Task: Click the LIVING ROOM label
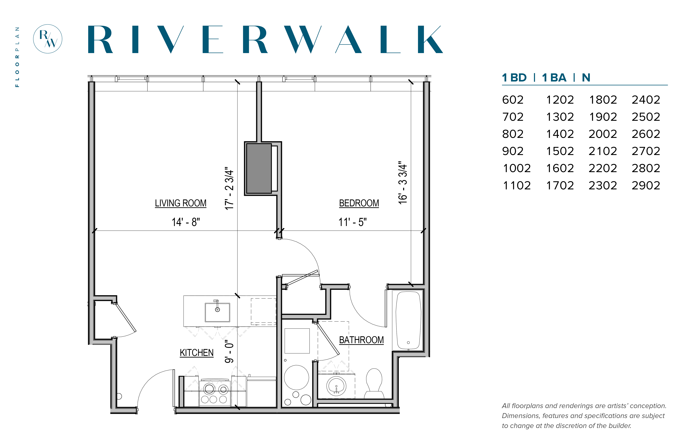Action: pos(180,203)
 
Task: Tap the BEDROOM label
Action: pos(359,203)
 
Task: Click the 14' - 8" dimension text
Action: pos(186,222)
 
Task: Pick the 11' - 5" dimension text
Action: pos(352,222)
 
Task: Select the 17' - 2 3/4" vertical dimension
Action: pos(229,188)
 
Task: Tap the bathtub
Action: pos(408,320)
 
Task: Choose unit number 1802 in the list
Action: pos(603,100)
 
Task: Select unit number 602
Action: pos(512,100)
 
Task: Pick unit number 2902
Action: pos(646,186)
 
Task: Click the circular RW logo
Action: pos(48,39)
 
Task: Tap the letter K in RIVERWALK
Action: pos(430,39)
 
